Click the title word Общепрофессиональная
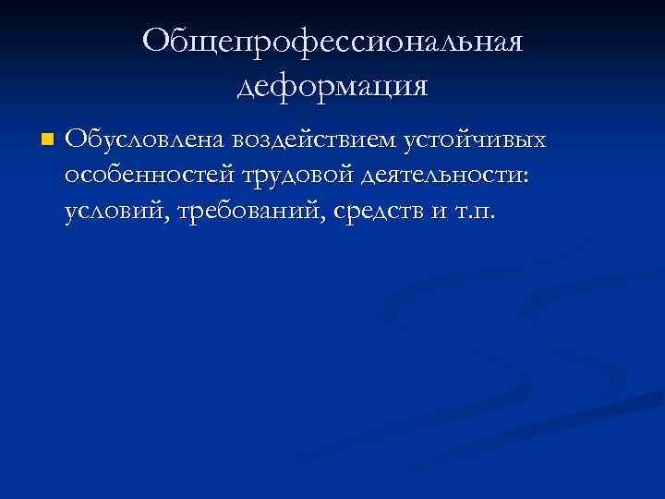tap(332, 43)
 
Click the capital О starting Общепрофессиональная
tap(158, 43)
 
